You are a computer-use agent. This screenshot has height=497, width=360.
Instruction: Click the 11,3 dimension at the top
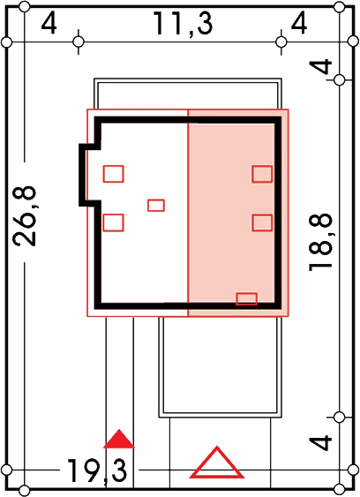coord(183,24)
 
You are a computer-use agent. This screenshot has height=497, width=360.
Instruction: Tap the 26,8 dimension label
coord(25,216)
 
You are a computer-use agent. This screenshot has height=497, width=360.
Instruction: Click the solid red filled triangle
coord(119,439)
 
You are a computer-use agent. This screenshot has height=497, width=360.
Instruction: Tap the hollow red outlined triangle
coord(217,463)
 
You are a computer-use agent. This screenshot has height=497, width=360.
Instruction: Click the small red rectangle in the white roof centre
coord(156,206)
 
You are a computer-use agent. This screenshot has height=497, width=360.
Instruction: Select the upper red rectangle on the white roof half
coord(114,174)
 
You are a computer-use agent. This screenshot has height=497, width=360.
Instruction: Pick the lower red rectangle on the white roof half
coord(114,222)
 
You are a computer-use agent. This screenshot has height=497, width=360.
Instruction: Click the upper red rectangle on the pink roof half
coord(262,174)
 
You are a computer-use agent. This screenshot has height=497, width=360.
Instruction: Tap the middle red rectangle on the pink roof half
coord(262,222)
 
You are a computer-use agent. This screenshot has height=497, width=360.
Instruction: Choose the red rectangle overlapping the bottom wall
coord(246,299)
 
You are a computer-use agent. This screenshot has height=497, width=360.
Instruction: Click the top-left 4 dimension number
coord(49,23)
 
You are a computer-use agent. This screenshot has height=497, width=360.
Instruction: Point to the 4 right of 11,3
coord(299,23)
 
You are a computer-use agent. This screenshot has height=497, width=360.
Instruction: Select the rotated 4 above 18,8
coord(320,66)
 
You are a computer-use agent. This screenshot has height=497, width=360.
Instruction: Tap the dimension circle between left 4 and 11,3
coord(79,41)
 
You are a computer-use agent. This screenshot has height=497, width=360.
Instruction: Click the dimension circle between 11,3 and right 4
coord(281,41)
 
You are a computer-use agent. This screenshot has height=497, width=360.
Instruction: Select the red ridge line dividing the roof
coord(188,213)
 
